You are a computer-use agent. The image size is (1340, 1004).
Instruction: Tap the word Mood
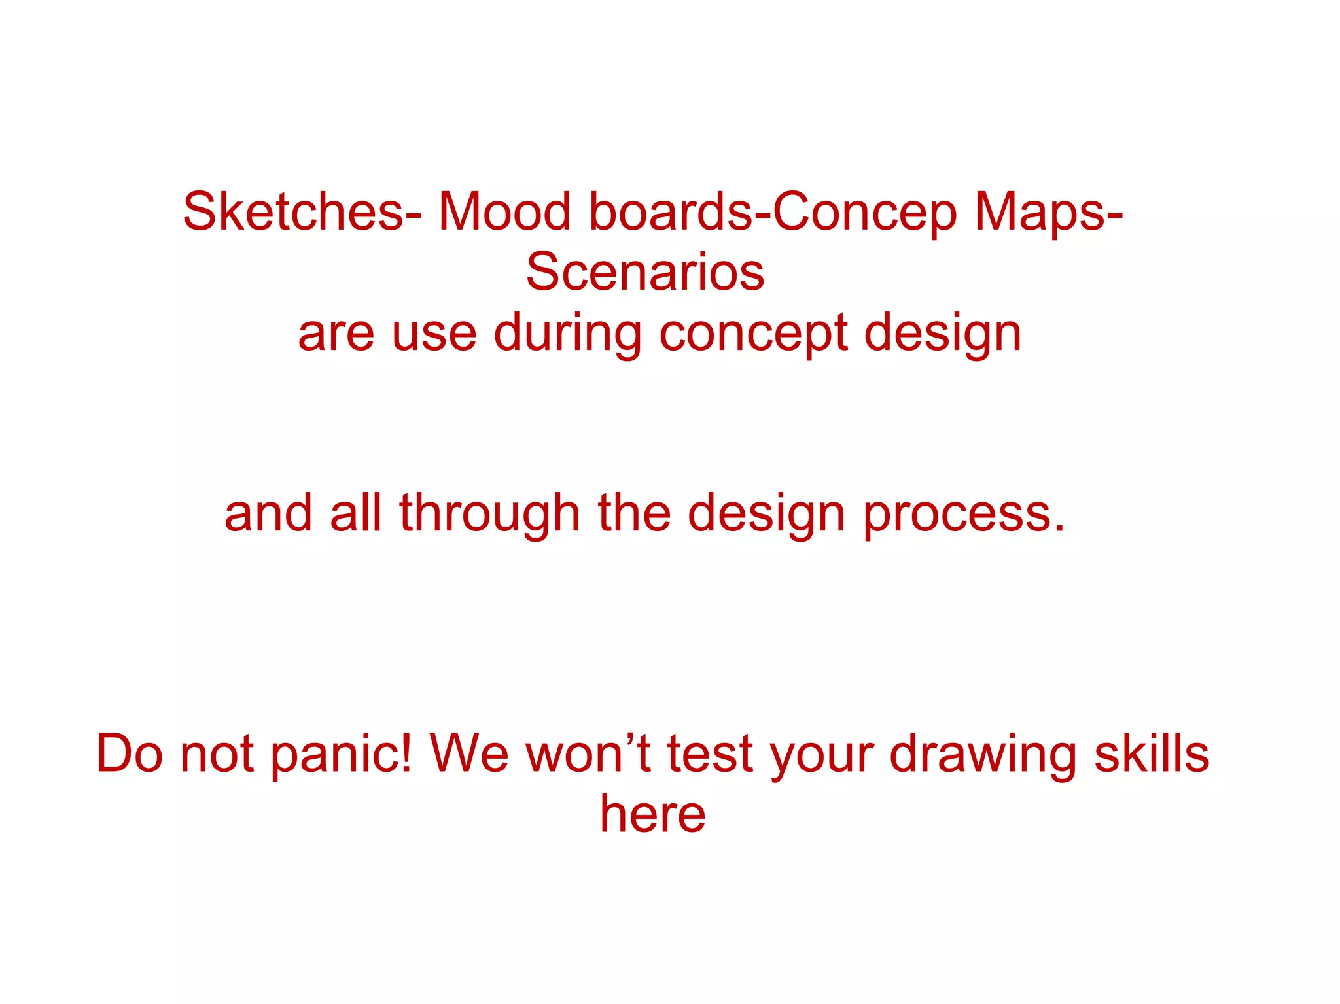pyautogui.click(x=504, y=212)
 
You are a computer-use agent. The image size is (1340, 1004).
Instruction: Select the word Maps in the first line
pyautogui.click(x=1040, y=212)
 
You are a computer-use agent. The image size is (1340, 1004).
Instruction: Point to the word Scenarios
pyautogui.click(x=645, y=272)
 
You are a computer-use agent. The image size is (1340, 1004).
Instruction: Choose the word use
pyautogui.click(x=434, y=334)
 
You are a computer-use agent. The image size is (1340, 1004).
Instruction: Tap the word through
pyautogui.click(x=489, y=513)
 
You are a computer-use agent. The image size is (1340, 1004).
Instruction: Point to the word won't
pyautogui.click(x=588, y=753)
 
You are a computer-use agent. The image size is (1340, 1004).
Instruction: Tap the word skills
pyautogui.click(x=1152, y=753)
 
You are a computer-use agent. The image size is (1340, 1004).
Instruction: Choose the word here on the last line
pyautogui.click(x=653, y=814)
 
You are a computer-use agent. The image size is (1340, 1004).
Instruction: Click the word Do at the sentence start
pyautogui.click(x=129, y=753)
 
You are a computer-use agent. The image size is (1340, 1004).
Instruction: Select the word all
pyautogui.click(x=355, y=513)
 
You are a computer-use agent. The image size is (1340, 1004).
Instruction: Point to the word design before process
pyautogui.click(x=766, y=513)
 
